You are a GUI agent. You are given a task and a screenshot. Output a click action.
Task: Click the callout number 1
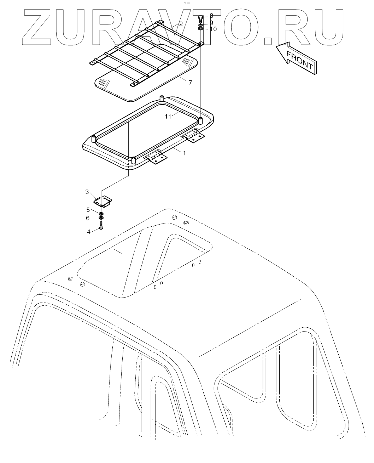coord(184,153)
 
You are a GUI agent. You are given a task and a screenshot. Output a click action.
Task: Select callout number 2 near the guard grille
coord(181,24)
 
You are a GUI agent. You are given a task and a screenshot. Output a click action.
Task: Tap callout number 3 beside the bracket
coord(87,192)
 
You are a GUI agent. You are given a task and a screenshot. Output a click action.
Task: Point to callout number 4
coord(89,232)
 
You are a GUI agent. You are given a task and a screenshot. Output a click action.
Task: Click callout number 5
coord(88,209)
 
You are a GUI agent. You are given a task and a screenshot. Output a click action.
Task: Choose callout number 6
coord(88,218)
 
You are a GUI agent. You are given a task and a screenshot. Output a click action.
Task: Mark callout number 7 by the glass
coord(190,83)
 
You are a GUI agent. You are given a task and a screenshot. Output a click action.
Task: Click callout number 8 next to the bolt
coord(211,16)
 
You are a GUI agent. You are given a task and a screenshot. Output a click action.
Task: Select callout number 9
coord(211,23)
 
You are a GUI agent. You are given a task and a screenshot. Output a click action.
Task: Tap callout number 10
coord(213,29)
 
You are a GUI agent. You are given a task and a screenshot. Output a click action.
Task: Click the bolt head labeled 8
coord(201,17)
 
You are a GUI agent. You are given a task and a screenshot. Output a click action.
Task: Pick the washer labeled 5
coord(101,213)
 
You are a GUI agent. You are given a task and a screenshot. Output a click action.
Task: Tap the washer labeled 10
coord(201,28)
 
